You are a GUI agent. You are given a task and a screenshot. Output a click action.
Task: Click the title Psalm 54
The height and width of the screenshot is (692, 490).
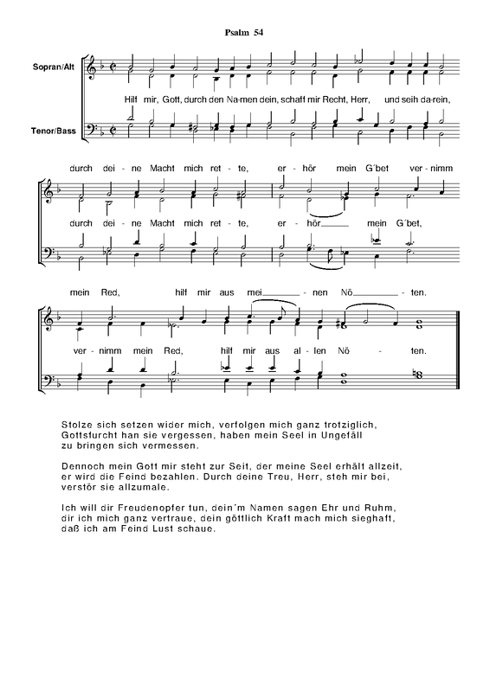pyautogui.click(x=244, y=33)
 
